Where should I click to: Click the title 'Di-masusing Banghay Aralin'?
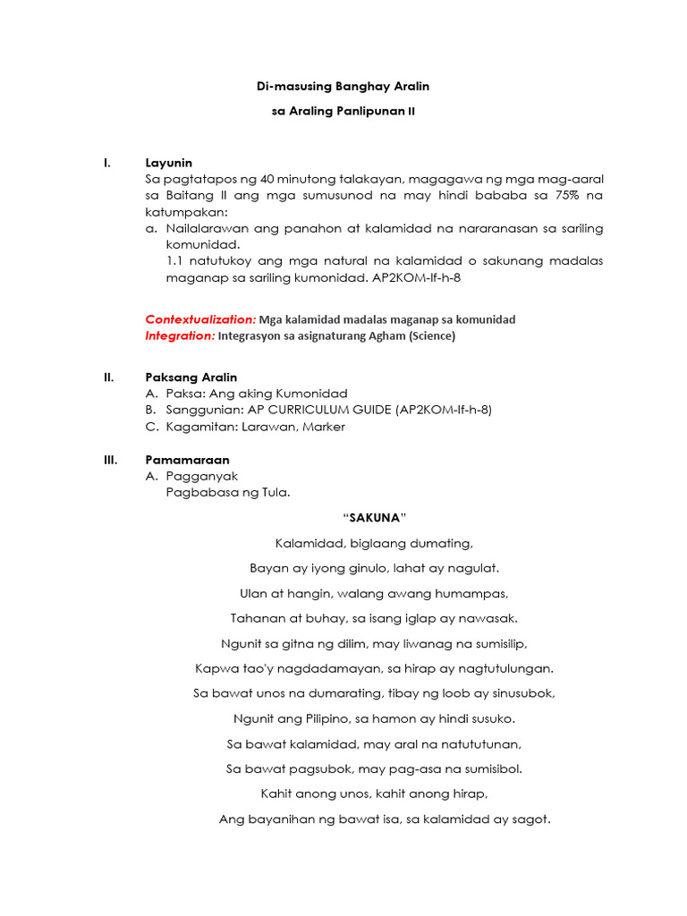(x=343, y=87)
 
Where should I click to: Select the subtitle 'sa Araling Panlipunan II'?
(x=343, y=112)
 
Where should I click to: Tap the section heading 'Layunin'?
(x=169, y=163)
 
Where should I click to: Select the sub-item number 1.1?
(x=175, y=261)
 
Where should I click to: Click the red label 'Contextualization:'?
(x=200, y=319)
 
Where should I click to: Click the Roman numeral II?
(x=109, y=377)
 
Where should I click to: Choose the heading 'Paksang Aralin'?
(x=191, y=377)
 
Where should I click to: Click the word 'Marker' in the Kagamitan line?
(x=324, y=427)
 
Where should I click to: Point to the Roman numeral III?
(x=111, y=460)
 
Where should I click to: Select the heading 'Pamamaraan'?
(x=187, y=460)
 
